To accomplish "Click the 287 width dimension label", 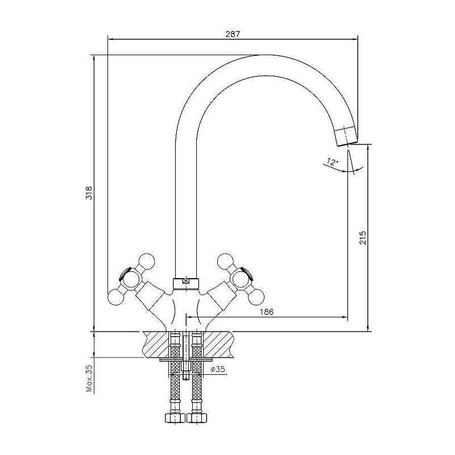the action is click(233, 34).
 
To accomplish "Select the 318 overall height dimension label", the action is click(89, 192).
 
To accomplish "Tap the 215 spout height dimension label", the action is click(363, 238).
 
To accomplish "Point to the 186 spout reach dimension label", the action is click(267, 312).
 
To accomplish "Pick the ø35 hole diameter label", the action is click(218, 369).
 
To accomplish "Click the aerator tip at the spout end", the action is click(346, 136).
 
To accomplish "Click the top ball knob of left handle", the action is click(147, 261).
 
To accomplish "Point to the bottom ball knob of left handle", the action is click(115, 297).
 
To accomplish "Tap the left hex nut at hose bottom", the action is click(175, 419).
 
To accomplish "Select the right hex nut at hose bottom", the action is click(197, 419).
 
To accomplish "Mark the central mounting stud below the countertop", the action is click(186, 355).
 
